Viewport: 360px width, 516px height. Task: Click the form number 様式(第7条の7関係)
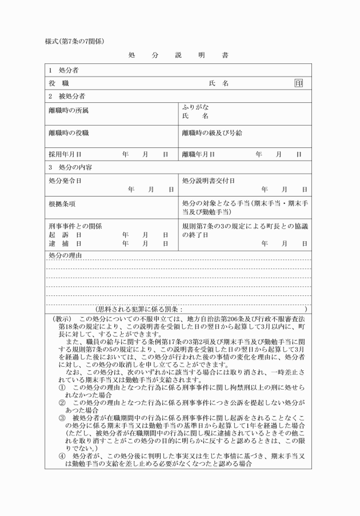[x=74, y=41]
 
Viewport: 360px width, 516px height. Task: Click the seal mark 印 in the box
[x=298, y=83]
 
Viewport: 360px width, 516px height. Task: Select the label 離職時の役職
[x=69, y=133]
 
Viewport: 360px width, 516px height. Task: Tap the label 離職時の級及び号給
[x=211, y=133]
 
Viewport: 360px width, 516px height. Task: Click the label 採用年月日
[x=65, y=154]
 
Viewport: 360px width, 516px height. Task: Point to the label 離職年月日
[x=198, y=154]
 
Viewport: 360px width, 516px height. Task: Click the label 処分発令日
[x=65, y=181]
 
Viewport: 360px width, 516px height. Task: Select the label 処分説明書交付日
[x=209, y=181]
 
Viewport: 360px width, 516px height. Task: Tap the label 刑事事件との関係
[x=75, y=226]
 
